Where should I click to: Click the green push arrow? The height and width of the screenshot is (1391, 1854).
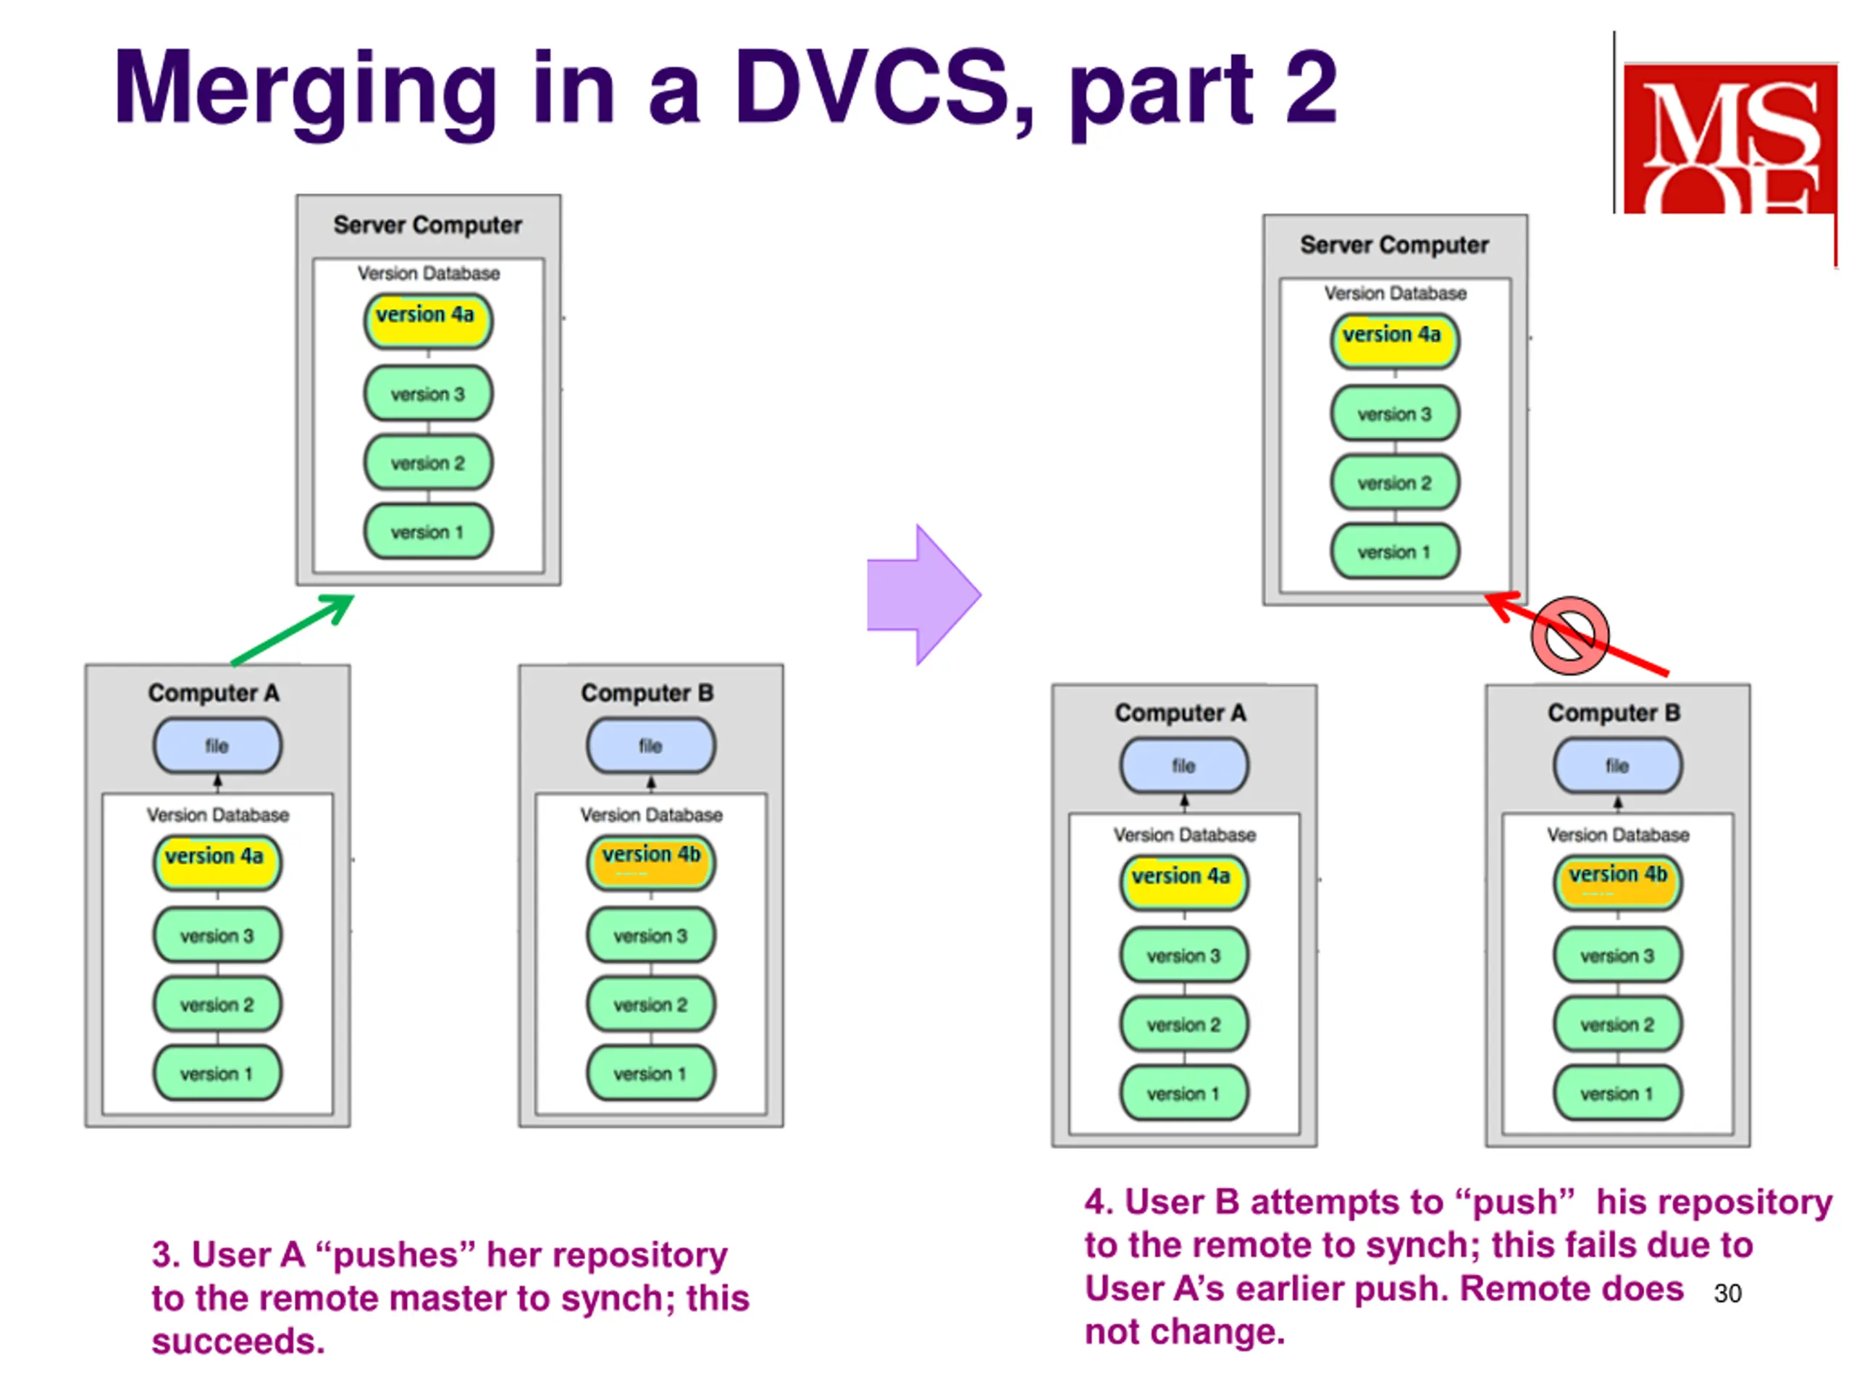293,630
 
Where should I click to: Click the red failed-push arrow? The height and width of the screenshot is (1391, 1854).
1576,634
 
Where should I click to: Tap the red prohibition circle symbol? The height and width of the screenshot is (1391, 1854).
1570,635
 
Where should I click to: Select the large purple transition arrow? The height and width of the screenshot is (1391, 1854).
923,595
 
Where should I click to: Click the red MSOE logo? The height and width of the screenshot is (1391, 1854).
1730,138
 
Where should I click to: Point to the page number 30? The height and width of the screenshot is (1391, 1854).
1727,1293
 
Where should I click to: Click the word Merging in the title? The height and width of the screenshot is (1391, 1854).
307,91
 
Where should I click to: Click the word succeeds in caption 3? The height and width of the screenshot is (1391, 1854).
238,1342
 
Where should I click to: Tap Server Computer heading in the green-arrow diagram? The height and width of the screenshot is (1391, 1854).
427,225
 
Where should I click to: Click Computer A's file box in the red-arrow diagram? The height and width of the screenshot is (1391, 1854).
1184,766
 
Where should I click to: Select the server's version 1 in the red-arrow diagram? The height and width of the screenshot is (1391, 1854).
1395,552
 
